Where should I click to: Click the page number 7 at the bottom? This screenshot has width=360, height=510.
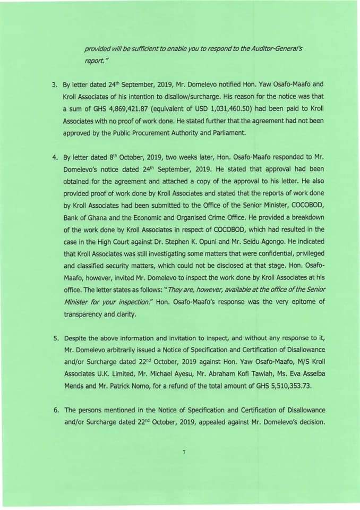pyautogui.click(x=183, y=452)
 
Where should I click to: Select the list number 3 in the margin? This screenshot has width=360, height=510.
pyautogui.click(x=54, y=84)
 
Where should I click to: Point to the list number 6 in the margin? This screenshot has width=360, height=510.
pyautogui.click(x=54, y=410)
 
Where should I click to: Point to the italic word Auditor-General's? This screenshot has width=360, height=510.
pyautogui.click(x=277, y=48)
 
